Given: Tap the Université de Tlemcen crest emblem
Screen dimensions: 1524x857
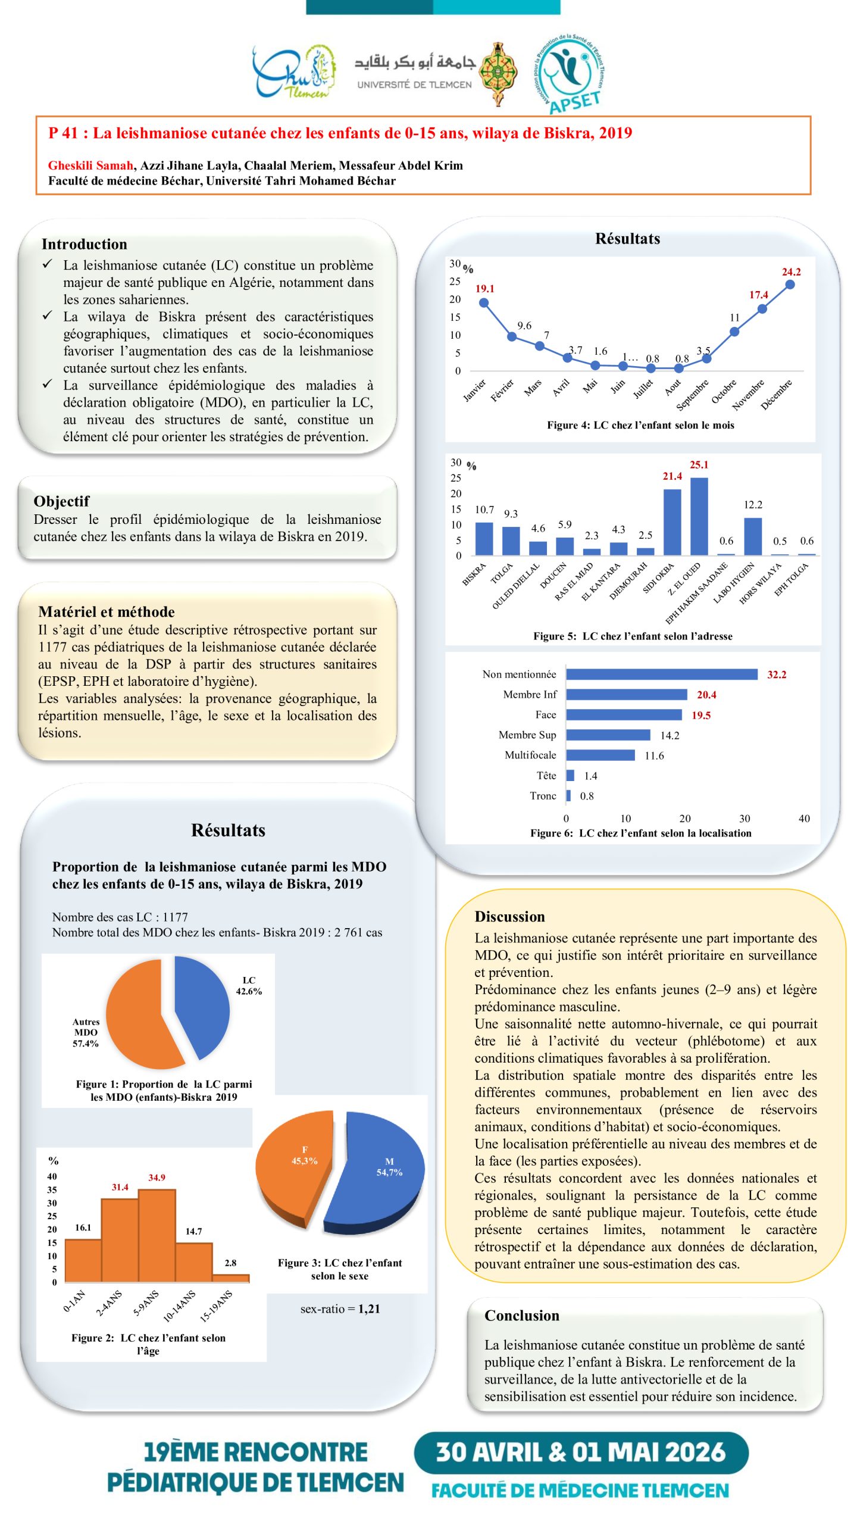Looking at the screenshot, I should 498,74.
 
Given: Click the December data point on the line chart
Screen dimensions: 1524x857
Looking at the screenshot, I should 790,285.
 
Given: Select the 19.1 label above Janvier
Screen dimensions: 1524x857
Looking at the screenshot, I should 484,289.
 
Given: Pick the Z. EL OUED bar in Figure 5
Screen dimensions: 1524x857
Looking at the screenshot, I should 699,516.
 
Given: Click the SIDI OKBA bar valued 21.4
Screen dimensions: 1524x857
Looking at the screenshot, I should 672,522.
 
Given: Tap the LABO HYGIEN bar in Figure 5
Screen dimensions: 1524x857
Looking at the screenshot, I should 753,536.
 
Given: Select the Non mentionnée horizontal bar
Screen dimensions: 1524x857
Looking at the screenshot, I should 661,674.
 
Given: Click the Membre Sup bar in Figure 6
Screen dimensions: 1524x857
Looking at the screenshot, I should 608,735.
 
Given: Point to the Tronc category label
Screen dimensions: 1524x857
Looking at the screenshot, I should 543,796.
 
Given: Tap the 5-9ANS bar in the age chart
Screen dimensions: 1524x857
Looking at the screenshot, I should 157,1235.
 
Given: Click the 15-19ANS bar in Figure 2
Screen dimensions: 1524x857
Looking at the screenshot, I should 230,1278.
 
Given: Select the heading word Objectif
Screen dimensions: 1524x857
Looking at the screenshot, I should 61,501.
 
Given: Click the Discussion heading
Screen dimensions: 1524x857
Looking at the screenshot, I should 509,917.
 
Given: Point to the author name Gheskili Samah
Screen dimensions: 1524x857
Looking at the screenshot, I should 90,165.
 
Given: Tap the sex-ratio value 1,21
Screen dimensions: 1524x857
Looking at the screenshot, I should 368,1308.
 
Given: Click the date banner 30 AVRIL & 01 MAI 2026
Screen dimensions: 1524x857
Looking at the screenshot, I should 580,1453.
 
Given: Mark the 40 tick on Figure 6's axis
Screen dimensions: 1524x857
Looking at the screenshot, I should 803,819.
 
